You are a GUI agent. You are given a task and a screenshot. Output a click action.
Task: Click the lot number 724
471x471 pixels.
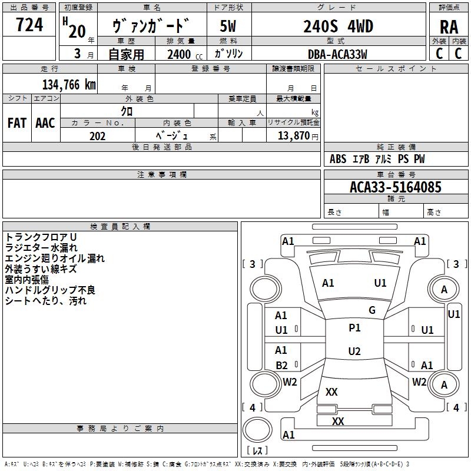click(29, 25)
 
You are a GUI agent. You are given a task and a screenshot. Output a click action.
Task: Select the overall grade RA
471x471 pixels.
click(449, 27)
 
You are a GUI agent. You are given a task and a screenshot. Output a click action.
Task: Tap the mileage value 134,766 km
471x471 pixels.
click(69, 84)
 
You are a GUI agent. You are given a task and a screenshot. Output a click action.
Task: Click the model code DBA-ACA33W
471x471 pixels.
click(337, 54)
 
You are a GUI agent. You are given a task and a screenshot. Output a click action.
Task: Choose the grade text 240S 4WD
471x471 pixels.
click(338, 26)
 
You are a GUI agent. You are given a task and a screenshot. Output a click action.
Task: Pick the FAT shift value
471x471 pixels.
click(16, 123)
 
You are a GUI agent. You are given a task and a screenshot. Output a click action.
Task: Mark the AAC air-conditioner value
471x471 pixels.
click(45, 123)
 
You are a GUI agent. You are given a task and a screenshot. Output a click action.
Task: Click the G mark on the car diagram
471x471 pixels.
click(372, 310)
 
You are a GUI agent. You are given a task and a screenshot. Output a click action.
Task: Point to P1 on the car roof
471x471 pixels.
click(354, 328)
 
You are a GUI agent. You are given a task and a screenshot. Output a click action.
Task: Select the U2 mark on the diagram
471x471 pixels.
click(354, 351)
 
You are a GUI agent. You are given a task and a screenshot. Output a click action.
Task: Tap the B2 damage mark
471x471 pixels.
click(281, 366)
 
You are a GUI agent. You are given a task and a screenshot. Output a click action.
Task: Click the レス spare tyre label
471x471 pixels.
click(257, 450)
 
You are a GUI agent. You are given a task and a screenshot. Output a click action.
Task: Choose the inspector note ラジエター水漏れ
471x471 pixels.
click(41, 247)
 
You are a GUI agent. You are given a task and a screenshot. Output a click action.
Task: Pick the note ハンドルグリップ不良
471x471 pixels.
click(50, 290)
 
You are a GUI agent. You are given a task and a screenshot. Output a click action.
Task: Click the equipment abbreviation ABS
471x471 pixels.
click(338, 159)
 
